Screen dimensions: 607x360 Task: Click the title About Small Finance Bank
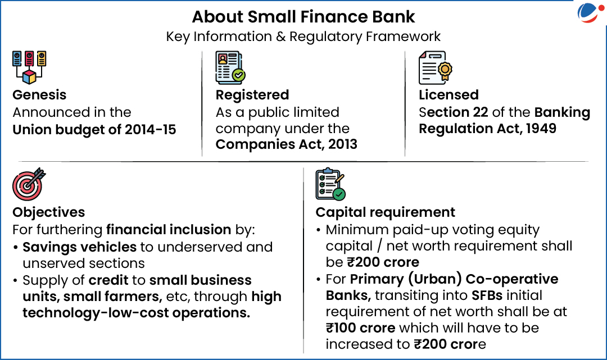pyautogui.click(x=303, y=17)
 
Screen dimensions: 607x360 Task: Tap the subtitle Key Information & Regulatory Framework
pyautogui.click(x=303, y=37)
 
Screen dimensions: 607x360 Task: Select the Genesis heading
pyautogui.click(x=39, y=95)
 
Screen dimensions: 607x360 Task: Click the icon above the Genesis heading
pyautogui.click(x=29, y=67)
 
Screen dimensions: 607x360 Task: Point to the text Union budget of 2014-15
pyautogui.click(x=94, y=130)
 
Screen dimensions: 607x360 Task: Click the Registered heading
pyautogui.click(x=252, y=95)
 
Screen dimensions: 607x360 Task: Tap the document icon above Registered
pyautogui.click(x=230, y=67)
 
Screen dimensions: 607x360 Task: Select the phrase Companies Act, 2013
pyautogui.click(x=287, y=144)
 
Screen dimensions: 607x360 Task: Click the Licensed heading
pyautogui.click(x=449, y=95)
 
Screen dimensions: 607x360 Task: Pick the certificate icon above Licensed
pyautogui.click(x=436, y=67)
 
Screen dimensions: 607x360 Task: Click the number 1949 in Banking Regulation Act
pyautogui.click(x=541, y=129)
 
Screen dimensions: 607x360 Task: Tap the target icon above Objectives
pyautogui.click(x=29, y=184)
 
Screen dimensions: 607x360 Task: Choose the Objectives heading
pyautogui.click(x=49, y=212)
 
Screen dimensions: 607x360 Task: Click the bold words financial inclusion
pyautogui.click(x=169, y=230)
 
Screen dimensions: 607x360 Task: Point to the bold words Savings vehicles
pyautogui.click(x=80, y=247)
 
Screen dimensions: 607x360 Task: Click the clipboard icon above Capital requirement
pyautogui.click(x=330, y=184)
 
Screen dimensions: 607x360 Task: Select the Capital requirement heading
pyautogui.click(x=385, y=212)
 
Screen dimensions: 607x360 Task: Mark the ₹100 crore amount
pyautogui.click(x=360, y=328)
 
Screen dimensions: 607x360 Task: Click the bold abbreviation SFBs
pyautogui.click(x=487, y=295)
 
